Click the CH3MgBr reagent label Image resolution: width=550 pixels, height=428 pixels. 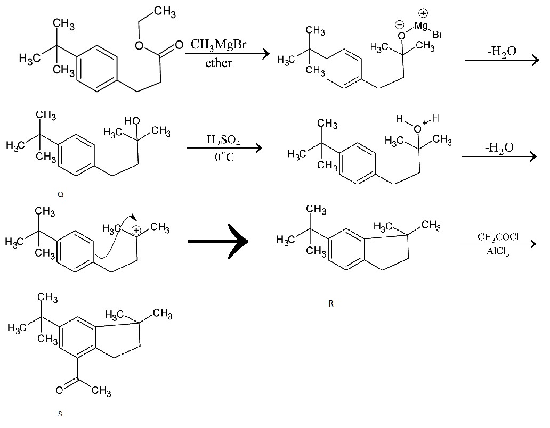tap(219, 45)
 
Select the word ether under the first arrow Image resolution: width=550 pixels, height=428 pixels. tap(219, 63)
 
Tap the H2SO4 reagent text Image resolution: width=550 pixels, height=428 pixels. tap(223, 140)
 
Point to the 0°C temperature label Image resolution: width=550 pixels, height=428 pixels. tap(224, 158)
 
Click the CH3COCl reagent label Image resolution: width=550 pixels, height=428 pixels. tap(498, 237)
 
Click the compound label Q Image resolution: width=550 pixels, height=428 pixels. tap(61, 195)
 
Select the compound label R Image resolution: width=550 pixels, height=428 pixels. tap(331, 304)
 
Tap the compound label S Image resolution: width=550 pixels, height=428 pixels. tap(60, 414)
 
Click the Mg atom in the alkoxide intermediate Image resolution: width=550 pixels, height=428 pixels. tap(421, 26)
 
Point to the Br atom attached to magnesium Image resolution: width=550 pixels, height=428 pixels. tap(437, 35)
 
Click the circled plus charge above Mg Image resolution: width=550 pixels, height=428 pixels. tap(425, 13)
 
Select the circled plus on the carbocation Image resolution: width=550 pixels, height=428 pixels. tap(137, 231)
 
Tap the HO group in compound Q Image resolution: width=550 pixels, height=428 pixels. tap(132, 121)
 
